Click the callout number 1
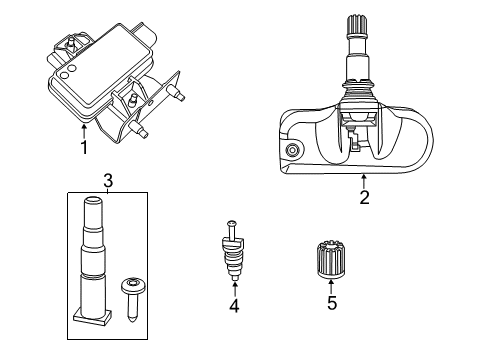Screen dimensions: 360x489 [84, 148]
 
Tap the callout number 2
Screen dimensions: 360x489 [364, 197]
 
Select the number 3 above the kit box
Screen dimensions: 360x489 [107, 181]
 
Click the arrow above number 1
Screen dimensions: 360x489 [84, 130]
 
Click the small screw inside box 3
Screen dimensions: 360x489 [130, 290]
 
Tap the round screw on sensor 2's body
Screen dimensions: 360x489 [292, 150]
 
